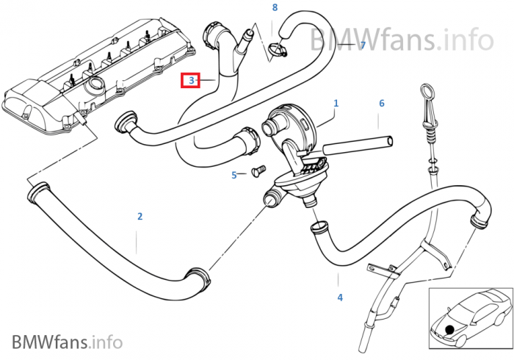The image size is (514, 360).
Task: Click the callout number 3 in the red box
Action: click(x=192, y=80)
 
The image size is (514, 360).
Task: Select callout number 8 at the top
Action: click(x=275, y=7)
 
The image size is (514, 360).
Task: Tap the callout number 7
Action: click(x=363, y=45)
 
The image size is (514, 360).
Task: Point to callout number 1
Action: click(x=336, y=104)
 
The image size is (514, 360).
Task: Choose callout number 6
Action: click(x=382, y=104)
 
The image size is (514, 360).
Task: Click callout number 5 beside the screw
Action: click(x=234, y=175)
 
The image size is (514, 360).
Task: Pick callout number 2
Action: click(x=140, y=217)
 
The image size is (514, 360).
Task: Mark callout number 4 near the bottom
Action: click(x=340, y=298)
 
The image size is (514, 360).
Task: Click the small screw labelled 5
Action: click(x=258, y=171)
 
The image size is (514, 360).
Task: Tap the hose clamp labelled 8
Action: click(x=278, y=49)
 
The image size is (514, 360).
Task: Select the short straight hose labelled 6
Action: click(x=358, y=145)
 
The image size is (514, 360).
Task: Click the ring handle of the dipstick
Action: click(x=427, y=89)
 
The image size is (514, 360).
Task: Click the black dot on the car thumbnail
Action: click(x=449, y=329)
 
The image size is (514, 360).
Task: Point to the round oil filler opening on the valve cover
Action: click(x=95, y=86)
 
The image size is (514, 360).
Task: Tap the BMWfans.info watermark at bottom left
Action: click(x=68, y=342)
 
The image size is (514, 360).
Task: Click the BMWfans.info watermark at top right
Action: click(x=401, y=39)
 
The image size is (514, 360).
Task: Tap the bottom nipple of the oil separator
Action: click(x=309, y=201)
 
